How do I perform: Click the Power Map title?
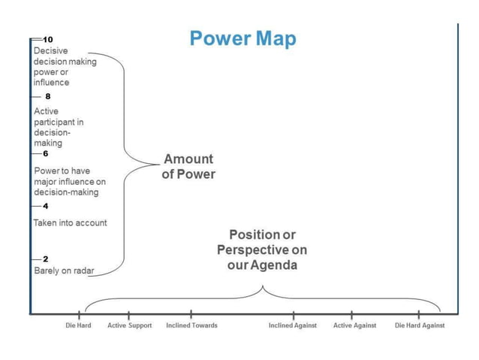coord(243,38)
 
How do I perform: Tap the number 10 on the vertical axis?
coord(48,38)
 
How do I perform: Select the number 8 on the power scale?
coord(47,97)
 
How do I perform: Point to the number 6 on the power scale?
coord(47,153)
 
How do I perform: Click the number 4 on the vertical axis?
coord(45,205)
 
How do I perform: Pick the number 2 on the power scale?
coord(45,259)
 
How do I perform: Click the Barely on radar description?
coord(64,271)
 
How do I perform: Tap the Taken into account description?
coord(70,222)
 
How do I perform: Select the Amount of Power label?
coord(188,167)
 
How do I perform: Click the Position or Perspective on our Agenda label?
coord(262,250)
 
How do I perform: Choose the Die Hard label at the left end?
coord(78,325)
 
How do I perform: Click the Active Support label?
coord(129,325)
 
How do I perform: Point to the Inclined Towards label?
coord(191,325)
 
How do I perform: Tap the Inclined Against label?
coord(293,325)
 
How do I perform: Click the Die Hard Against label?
coord(420,325)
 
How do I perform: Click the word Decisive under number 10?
coord(51,51)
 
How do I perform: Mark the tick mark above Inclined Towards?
coord(191,313)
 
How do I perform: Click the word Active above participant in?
coord(47,111)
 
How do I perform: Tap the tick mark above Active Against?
coord(352,313)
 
